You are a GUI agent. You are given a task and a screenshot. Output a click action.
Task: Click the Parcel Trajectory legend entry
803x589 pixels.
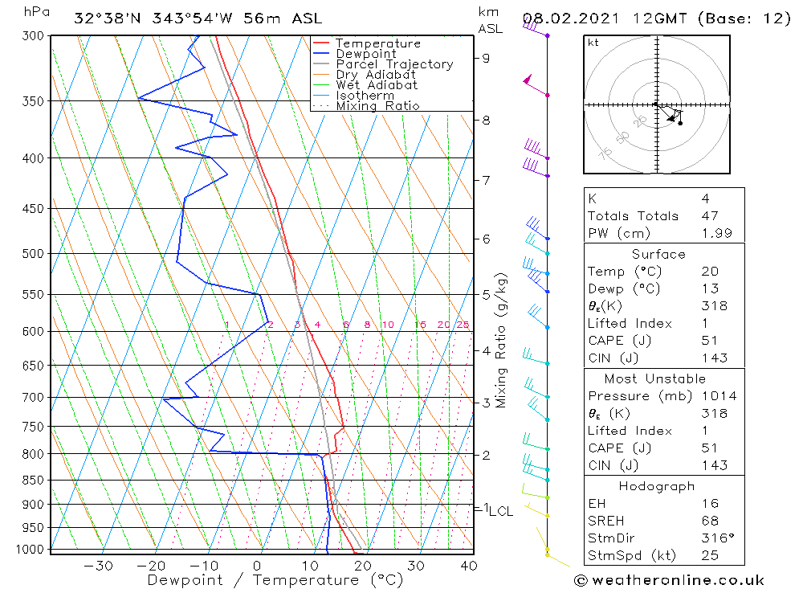tap(393, 64)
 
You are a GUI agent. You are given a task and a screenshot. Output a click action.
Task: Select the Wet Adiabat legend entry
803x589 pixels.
tap(376, 85)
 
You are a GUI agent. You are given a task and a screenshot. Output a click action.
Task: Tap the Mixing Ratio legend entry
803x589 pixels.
tap(377, 106)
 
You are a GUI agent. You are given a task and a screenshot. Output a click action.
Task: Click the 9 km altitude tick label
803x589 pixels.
tap(486, 58)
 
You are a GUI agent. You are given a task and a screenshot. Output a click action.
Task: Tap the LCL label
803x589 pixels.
tap(501, 511)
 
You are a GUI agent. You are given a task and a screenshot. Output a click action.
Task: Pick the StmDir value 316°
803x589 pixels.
tap(714, 538)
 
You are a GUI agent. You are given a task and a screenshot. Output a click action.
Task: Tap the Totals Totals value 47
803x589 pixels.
tap(709, 216)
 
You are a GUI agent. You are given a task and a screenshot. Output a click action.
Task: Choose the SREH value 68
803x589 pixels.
tap(709, 522)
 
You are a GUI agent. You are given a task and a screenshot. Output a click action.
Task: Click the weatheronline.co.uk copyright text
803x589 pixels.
tap(669, 580)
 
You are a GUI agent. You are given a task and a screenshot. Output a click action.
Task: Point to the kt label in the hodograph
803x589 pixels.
tap(593, 43)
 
